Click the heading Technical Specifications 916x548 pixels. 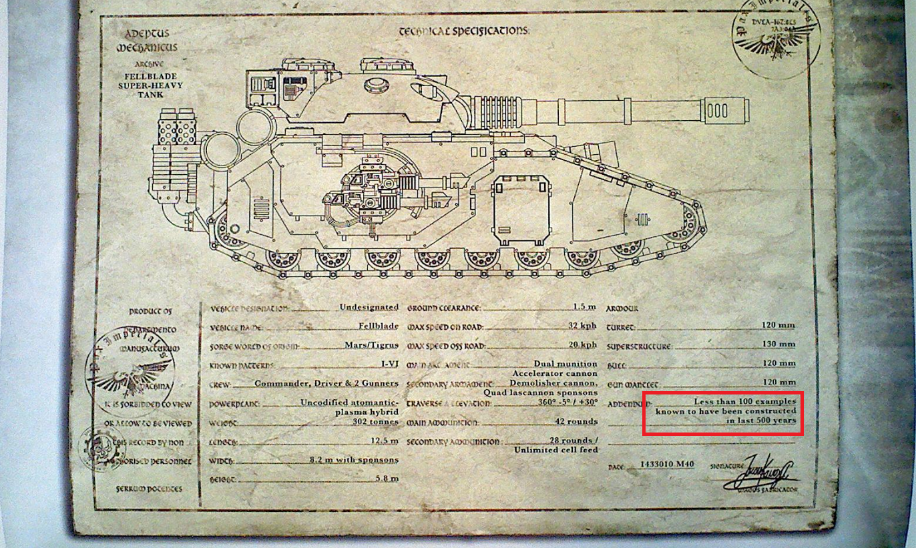coord(463,31)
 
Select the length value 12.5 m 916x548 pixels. coord(385,441)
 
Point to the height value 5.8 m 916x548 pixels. coord(389,478)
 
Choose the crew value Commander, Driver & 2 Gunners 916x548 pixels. coord(317,383)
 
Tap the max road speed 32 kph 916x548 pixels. coord(582,326)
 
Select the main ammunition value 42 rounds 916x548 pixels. coord(576,421)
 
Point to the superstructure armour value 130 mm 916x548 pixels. coord(778,344)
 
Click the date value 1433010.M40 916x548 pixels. coord(666,464)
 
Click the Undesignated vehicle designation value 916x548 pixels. coord(369,307)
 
